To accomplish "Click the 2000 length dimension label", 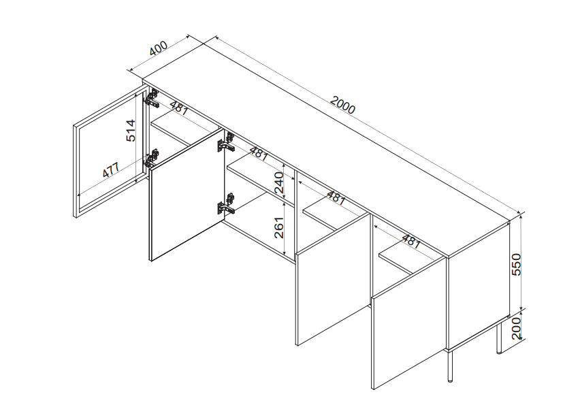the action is [342, 105].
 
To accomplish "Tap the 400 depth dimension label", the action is [159, 48].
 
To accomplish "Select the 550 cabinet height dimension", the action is [516, 264].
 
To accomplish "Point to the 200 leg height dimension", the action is [517, 328].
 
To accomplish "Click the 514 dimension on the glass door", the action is [131, 131].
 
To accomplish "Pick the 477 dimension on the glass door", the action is [110, 170].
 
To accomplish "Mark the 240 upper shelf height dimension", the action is [279, 183].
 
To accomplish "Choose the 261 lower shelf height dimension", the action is [279, 227].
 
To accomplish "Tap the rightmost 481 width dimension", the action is [411, 242].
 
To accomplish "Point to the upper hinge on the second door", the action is [225, 143].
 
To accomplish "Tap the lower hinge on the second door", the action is [225, 204].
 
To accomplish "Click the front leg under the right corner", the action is [450, 366].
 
